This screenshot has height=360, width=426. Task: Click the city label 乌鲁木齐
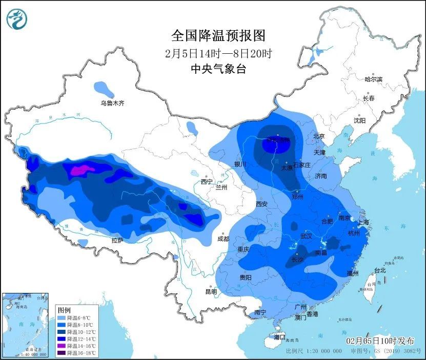[112, 103]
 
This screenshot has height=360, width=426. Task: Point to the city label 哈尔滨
[373, 79]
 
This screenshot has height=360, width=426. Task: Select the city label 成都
[223, 238]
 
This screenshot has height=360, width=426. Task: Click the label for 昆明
[211, 291]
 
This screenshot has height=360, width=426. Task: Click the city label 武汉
[306, 236]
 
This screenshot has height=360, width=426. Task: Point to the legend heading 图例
[64, 310]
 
